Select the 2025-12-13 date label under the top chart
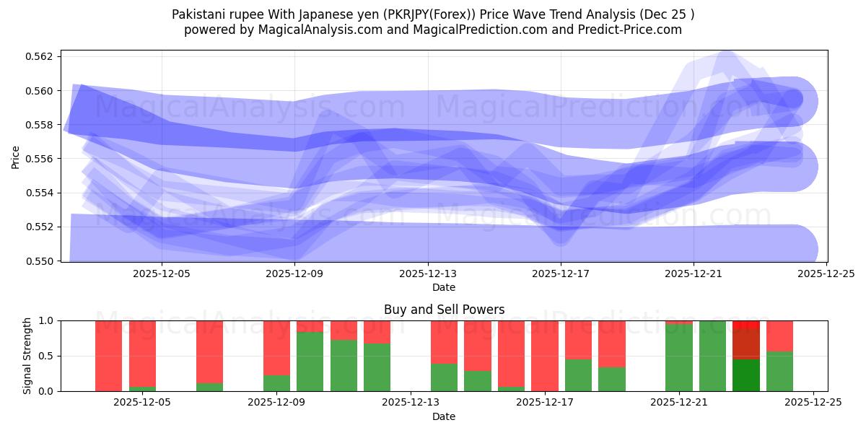[428, 274]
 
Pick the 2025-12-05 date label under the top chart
[162, 274]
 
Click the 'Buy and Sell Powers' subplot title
[444, 310]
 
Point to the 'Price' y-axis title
[17, 156]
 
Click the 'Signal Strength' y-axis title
[27, 356]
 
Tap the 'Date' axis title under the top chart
[444, 287]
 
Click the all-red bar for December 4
[108, 356]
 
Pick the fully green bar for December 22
[712, 356]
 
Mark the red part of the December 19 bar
[612, 344]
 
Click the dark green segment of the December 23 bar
[746, 375]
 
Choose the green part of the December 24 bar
[779, 371]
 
